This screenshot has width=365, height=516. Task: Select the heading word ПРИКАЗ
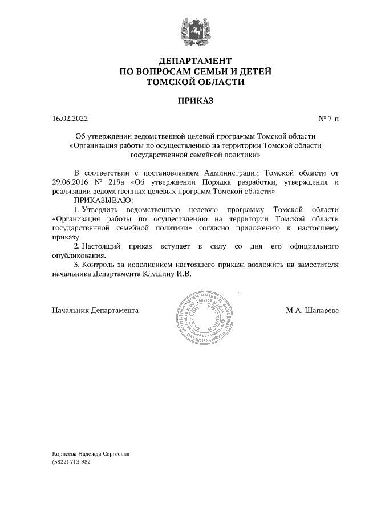[195, 101]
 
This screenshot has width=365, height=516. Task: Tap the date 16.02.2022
[70, 119]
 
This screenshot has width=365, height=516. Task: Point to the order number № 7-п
[328, 119]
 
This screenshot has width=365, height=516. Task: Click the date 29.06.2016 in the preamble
[70, 182]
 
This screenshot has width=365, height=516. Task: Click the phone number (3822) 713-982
[71, 462]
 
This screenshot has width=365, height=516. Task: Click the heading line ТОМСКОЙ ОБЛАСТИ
[195, 82]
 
